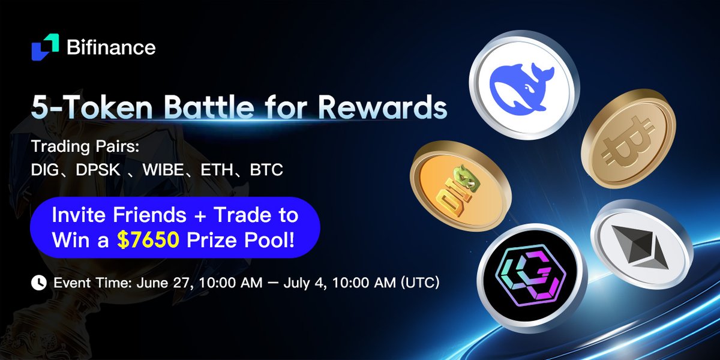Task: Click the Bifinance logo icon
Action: [x=46, y=47]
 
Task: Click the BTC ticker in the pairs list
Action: [x=266, y=170]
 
